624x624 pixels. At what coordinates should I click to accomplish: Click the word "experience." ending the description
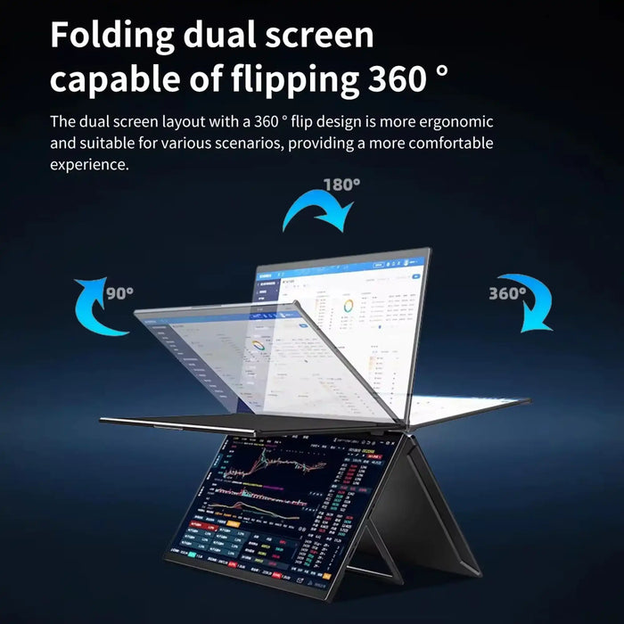tap(89, 164)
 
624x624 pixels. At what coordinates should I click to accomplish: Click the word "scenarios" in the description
tap(267, 143)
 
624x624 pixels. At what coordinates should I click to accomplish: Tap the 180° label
tap(341, 185)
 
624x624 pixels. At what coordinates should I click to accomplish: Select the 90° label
tap(119, 292)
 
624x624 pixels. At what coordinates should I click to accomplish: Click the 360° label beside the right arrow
tap(507, 292)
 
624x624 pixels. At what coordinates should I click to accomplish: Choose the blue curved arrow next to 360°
tap(526, 303)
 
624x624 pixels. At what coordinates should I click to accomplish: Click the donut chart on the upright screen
tap(349, 305)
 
